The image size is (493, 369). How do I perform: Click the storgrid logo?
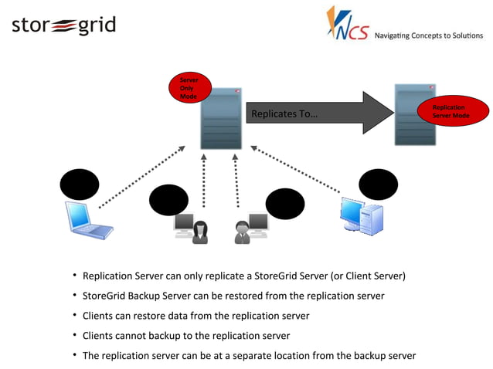(63, 25)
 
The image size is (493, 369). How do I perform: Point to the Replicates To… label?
(284, 114)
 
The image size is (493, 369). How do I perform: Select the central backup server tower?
(221, 117)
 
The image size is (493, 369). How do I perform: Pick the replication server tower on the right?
(414, 114)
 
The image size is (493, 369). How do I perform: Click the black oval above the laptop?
(80, 184)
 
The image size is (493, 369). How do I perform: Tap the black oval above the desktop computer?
(378, 184)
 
